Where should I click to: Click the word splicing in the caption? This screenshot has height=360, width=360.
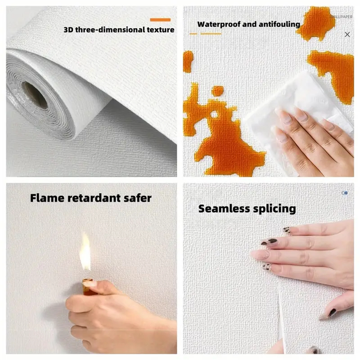pyautogui.click(x=275, y=208)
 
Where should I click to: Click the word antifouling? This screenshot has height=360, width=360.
pyautogui.click(x=276, y=24)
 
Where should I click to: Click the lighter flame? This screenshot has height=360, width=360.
pyautogui.click(x=85, y=252)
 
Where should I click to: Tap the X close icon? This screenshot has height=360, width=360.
pyautogui.click(x=347, y=34)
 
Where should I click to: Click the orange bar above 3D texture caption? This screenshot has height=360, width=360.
pyautogui.click(x=160, y=20)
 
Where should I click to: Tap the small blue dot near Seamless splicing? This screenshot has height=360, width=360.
pyautogui.click(x=345, y=193)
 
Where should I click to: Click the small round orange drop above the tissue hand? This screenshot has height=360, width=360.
pyautogui.click(x=218, y=91)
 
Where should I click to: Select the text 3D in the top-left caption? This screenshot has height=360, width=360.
pyautogui.click(x=69, y=30)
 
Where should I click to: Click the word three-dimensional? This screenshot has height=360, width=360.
pyautogui.click(x=108, y=30)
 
